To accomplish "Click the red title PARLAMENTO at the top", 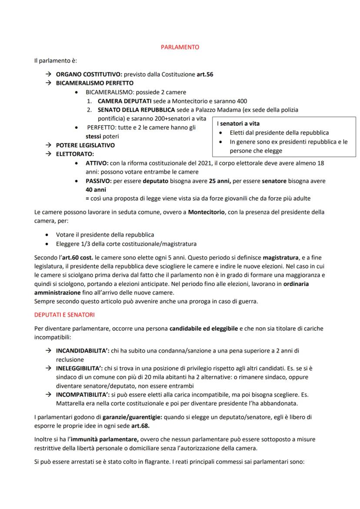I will (x=180, y=47).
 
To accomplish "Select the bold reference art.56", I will (x=204, y=74).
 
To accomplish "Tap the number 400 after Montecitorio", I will (x=241, y=101).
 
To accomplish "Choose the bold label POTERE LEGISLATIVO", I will (x=85, y=145).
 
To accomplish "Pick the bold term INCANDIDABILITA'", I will (x=83, y=350).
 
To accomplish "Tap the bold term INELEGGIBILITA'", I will (x=80, y=369).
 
